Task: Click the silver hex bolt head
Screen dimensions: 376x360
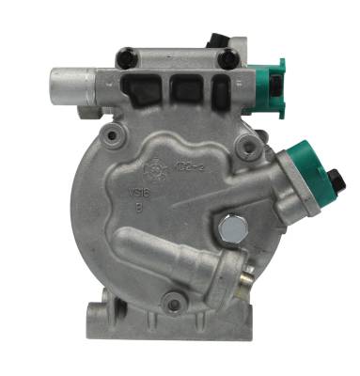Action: click(228, 227)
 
